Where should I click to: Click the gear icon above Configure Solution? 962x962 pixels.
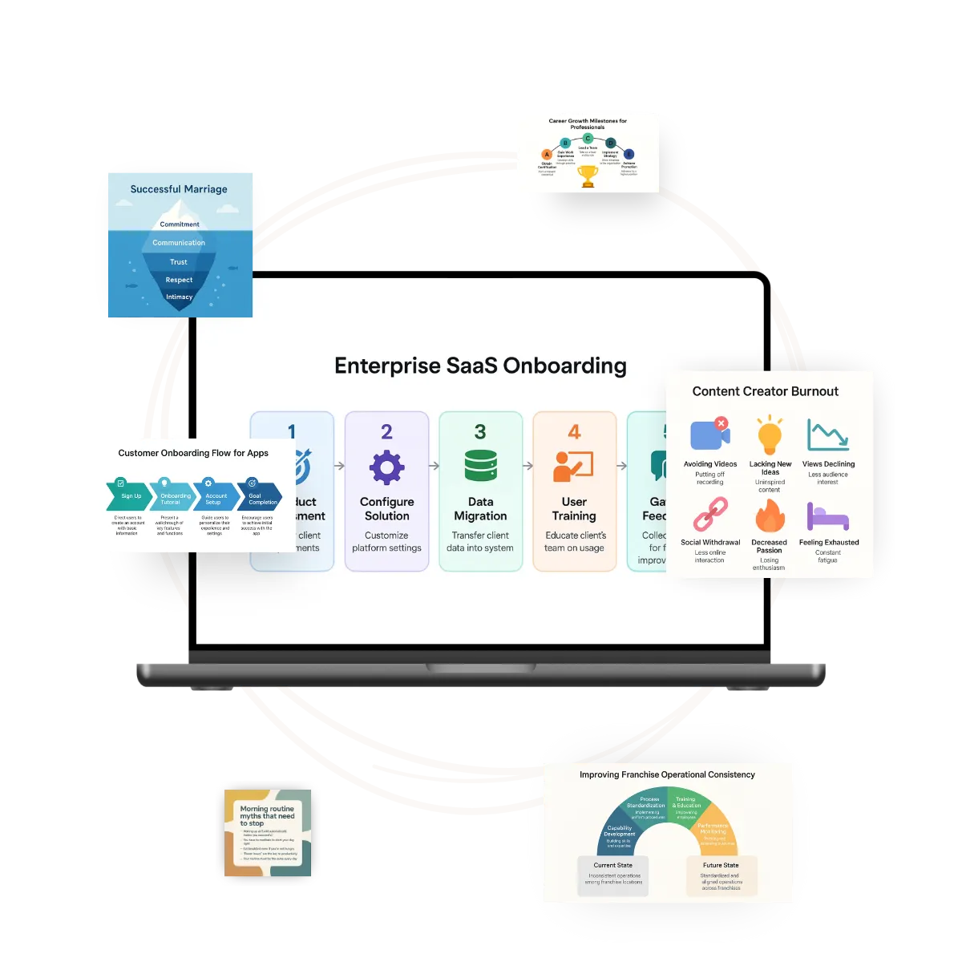pos(386,467)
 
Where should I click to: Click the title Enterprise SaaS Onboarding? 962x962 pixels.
pos(480,366)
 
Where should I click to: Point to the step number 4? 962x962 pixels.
pos(574,432)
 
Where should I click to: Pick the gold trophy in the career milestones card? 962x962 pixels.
pos(588,176)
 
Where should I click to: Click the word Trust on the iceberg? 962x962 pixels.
pos(179,262)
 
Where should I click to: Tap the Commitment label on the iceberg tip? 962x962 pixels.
pos(180,224)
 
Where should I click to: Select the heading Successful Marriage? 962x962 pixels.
pos(179,189)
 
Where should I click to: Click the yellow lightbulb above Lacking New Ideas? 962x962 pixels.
pos(770,436)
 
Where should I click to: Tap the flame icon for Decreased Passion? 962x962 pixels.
pos(770,516)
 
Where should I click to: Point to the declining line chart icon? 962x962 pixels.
pos(828,435)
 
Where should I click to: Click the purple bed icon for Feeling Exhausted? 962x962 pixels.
pos(828,517)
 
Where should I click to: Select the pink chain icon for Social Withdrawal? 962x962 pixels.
pos(710,515)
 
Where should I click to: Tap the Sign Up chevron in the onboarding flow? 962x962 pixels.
pos(128,496)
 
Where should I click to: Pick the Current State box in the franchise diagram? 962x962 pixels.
pos(613,875)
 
